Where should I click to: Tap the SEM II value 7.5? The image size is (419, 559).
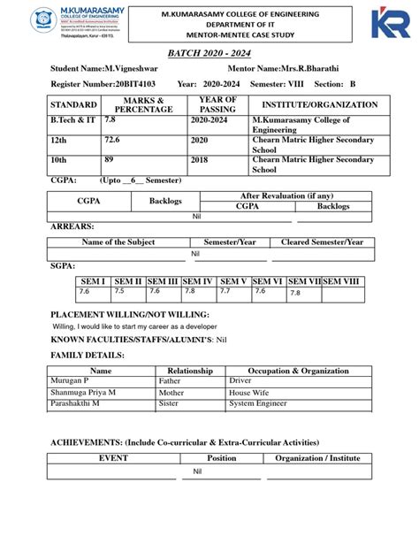119,291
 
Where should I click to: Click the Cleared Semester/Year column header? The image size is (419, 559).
322,241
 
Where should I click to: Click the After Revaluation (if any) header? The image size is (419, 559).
286,195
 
